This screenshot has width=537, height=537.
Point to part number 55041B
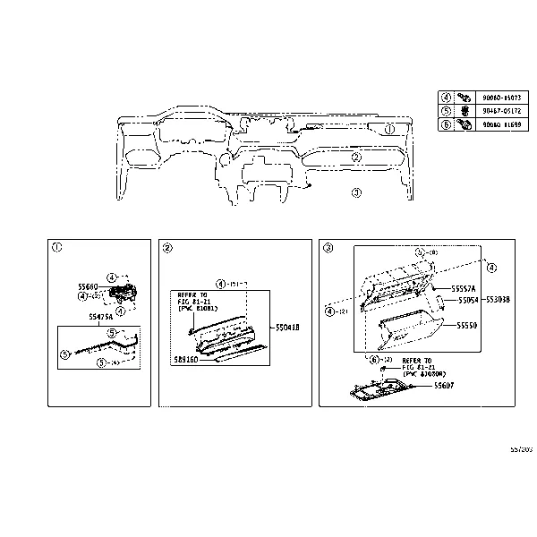coord(286,328)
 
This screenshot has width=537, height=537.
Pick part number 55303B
coord(497,302)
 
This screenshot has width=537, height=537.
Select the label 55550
coord(468,328)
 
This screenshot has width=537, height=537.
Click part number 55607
coord(445,385)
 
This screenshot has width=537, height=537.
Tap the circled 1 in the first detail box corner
coord(57,248)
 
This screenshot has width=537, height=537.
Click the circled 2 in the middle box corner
coord(167,248)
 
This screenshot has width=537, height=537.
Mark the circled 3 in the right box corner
coord(328,248)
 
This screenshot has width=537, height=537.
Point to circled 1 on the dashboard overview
coord(389,130)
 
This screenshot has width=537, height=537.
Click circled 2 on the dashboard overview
coord(355,158)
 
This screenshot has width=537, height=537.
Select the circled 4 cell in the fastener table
coord(446,97)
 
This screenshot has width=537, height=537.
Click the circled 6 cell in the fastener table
coord(446,125)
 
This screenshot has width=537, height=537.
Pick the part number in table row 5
coord(499,111)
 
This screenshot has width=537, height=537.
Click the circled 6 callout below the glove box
coord(373,359)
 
